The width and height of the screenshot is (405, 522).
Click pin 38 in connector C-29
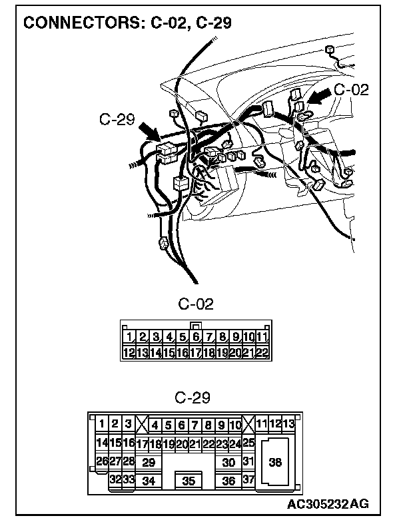coord(274,461)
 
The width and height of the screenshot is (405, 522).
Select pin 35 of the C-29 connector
coord(189,481)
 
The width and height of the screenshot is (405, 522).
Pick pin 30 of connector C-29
coord(228,461)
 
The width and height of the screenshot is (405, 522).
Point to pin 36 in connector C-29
coord(228,481)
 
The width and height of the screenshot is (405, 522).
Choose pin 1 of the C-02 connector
coord(129,337)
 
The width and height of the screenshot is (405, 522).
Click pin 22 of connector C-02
coord(261,352)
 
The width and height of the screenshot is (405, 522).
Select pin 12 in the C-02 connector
coord(129,352)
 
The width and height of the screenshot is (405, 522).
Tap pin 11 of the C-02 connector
coord(261,337)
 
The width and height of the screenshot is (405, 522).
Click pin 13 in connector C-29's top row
coord(288,424)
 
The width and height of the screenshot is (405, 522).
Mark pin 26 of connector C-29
coord(102,461)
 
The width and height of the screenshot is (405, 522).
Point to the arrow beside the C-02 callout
coord(318,97)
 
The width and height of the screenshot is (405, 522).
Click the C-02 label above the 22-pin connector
coord(196,304)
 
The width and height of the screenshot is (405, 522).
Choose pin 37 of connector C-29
coord(248,479)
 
